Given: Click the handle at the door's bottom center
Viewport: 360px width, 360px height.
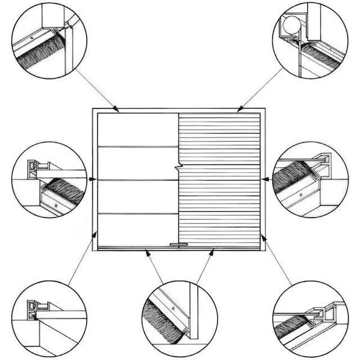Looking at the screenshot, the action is point(178,245).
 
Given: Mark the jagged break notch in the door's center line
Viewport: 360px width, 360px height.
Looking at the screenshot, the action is point(178,167).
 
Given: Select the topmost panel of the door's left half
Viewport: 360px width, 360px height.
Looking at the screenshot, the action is point(137,130).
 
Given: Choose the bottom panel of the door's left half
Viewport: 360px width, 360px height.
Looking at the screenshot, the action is point(137,230).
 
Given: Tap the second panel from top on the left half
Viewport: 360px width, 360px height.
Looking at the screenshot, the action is point(137,163).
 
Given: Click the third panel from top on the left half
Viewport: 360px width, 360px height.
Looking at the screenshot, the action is point(137,196).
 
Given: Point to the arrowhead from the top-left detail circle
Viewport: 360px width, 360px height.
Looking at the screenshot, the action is point(118,110).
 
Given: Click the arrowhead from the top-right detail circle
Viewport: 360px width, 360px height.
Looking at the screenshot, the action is point(238,109).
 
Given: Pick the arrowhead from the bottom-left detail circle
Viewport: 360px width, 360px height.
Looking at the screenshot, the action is point(94,233).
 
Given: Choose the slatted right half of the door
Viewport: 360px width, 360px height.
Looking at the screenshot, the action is point(219,180).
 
